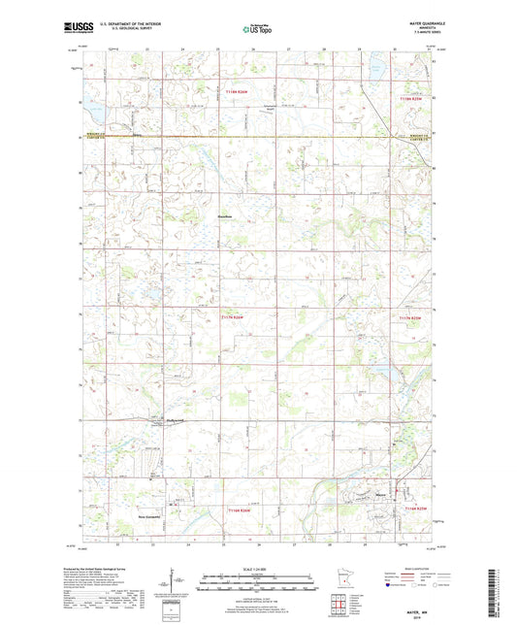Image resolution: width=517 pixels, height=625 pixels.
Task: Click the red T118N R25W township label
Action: [x=412, y=98]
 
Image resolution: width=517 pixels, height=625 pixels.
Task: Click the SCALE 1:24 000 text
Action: [x=257, y=568]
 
